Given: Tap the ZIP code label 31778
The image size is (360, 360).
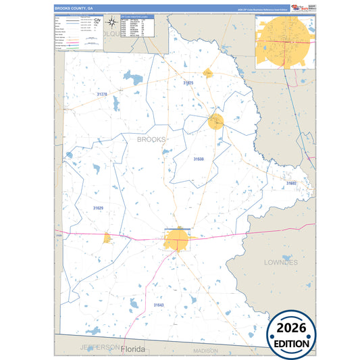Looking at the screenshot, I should [101, 95].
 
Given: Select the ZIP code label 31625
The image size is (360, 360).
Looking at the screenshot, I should [188, 83].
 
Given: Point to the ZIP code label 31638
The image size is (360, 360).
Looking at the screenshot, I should [199, 159].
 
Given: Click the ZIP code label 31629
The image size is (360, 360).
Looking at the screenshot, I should [99, 208].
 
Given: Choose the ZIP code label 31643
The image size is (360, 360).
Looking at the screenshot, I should [158, 305].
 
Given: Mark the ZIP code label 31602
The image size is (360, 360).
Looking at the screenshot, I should [291, 183].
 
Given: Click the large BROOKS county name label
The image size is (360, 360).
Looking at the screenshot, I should [151, 140].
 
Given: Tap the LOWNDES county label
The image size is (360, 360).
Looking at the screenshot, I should [282, 262].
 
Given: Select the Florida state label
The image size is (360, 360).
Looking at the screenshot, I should [133, 350].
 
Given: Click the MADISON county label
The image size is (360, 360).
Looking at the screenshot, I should [206, 351].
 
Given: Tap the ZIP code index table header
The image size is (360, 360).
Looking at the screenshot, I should [135, 16].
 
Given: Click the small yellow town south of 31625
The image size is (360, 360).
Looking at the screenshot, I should [215, 122].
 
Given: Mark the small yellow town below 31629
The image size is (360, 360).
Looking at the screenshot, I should [107, 238].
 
